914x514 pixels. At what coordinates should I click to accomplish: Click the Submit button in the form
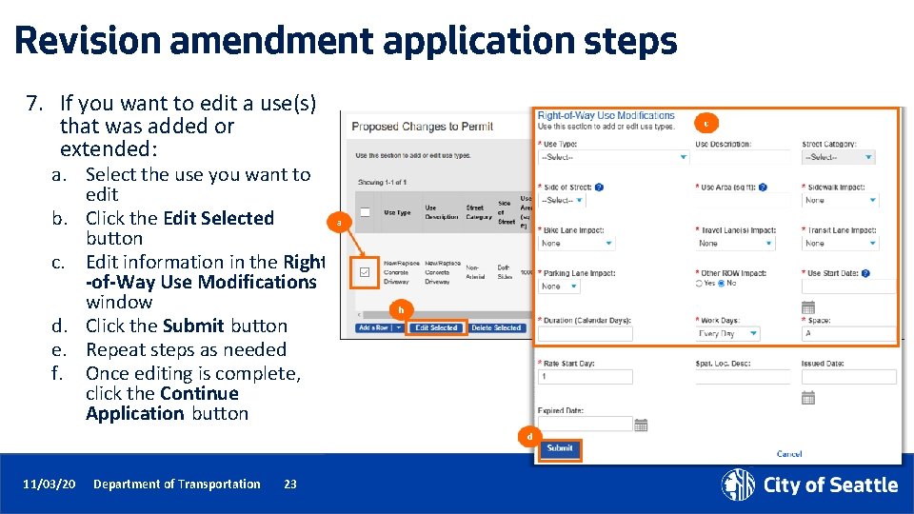pyautogui.click(x=560, y=448)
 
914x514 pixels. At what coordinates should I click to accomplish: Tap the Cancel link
pyautogui.click(x=789, y=454)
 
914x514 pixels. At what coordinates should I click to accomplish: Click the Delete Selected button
pyautogui.click(x=496, y=328)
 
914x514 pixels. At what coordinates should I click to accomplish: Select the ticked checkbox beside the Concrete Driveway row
pyautogui.click(x=365, y=272)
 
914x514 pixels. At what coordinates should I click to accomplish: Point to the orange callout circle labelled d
pyautogui.click(x=529, y=436)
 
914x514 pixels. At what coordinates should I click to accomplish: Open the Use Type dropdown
pyautogui.click(x=613, y=157)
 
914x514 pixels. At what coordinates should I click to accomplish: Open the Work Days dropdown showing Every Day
pyautogui.click(x=727, y=334)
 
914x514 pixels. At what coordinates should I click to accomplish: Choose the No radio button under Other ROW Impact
pyautogui.click(x=723, y=284)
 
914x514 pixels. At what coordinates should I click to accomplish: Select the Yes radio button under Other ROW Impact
pyautogui.click(x=700, y=284)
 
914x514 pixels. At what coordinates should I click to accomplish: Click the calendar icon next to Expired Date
pyautogui.click(x=642, y=425)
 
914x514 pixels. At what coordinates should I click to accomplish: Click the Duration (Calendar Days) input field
pyautogui.click(x=585, y=334)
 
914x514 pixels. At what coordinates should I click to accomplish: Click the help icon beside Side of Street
pyautogui.click(x=600, y=188)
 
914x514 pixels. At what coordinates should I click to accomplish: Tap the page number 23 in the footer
pyautogui.click(x=290, y=484)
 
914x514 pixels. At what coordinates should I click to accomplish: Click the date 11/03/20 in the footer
pyautogui.click(x=50, y=484)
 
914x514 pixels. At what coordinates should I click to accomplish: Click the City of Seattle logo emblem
pyautogui.click(x=738, y=484)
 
